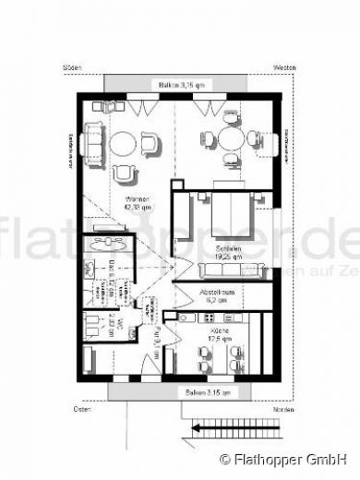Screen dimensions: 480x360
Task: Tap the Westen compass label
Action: pyautogui.click(x=284, y=68)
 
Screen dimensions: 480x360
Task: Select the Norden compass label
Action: pyautogui.click(x=284, y=406)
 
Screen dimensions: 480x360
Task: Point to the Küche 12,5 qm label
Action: pyautogui.click(x=219, y=334)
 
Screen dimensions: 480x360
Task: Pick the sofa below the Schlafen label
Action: pyautogui.click(x=230, y=270)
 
